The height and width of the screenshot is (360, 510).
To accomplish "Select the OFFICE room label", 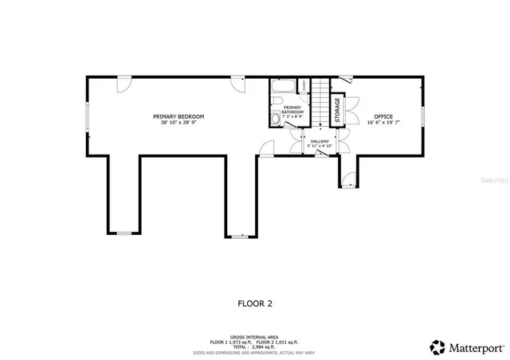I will point(383,116).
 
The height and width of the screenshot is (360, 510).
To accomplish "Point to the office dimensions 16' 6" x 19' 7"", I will point(383,123).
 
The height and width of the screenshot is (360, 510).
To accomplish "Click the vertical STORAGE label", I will point(337,110).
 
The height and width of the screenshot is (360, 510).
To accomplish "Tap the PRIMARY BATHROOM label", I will point(292,110).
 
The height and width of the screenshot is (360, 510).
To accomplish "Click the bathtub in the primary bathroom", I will point(282,85).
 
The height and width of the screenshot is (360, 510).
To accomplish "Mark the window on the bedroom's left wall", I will point(87,117).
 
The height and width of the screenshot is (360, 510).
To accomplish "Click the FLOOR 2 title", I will point(255,303).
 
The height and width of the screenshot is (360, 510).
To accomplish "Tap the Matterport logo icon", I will point(437,346).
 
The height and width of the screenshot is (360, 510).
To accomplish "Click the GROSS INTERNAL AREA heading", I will point(255,335).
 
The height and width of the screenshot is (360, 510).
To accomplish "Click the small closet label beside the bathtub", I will point(304,86).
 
